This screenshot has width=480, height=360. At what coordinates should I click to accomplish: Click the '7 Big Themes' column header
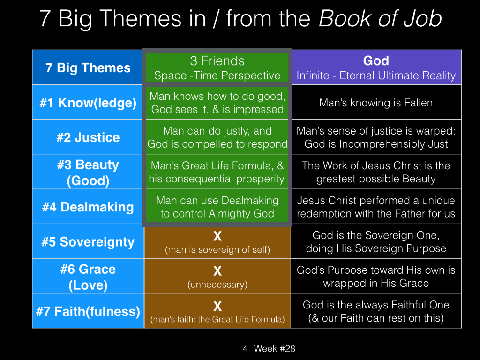tap(88, 67)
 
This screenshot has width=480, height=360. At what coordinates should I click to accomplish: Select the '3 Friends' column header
tap(217, 61)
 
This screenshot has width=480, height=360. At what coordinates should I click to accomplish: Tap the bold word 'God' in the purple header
tap(376, 60)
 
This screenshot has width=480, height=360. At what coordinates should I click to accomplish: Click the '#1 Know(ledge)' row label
tap(88, 103)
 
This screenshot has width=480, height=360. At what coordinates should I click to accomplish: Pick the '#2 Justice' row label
tap(88, 137)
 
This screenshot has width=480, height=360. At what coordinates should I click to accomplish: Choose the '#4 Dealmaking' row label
tap(88, 207)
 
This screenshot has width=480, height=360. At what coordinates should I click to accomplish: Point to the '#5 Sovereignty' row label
tap(88, 242)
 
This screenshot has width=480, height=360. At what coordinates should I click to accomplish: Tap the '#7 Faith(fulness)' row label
tap(88, 311)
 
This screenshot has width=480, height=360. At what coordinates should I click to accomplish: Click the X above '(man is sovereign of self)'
tap(217, 236)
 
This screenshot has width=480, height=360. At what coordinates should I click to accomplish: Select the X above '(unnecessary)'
tap(217, 271)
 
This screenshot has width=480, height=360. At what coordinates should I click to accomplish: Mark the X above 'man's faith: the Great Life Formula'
tap(217, 306)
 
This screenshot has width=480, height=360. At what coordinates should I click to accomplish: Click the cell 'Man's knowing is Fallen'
tap(376, 103)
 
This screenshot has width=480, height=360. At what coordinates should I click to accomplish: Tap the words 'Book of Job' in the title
tap(380, 19)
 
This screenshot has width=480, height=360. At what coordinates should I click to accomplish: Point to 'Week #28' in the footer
tap(275, 348)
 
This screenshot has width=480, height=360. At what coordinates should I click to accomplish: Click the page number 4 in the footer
tap(245, 349)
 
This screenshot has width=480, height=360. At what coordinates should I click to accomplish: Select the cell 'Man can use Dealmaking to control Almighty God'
tap(217, 207)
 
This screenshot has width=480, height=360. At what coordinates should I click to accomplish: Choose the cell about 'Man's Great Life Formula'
tap(217, 172)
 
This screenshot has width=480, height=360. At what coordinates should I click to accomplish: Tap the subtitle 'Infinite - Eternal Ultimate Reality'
tap(376, 75)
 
